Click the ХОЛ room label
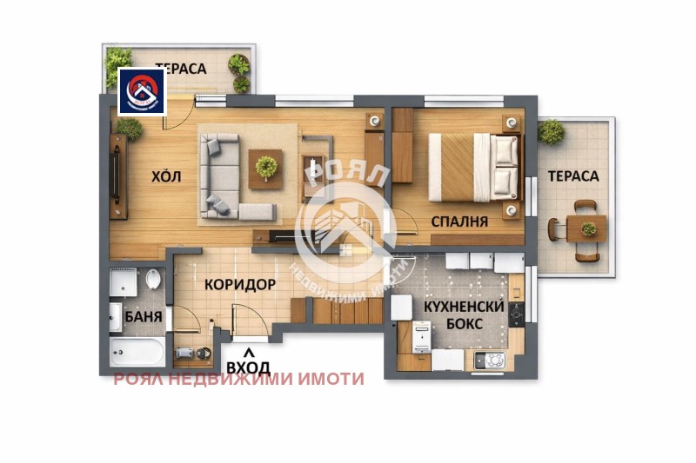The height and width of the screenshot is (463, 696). (166, 176)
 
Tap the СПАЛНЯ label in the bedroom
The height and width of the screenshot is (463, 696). (459, 222)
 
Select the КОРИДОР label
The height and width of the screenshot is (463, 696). (240, 284)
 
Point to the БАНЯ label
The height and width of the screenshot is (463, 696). (144, 316)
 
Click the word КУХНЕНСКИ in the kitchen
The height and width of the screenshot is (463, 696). (464, 306)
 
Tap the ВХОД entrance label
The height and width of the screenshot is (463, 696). (248, 367)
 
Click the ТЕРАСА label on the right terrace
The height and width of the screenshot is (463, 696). (573, 175)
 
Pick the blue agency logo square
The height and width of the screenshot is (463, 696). (142, 92)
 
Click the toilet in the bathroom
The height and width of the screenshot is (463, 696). (153, 279)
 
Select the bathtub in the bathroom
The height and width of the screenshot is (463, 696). (137, 352)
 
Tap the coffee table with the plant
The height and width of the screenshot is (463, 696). (265, 169)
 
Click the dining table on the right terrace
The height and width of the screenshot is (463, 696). (586, 229)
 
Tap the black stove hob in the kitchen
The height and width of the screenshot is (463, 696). (516, 314)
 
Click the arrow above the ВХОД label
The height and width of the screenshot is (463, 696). (249, 353)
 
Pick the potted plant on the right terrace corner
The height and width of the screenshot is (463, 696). (551, 131)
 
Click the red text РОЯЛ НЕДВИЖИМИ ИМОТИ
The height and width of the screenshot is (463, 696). (238, 380)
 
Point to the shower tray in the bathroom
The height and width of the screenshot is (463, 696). (124, 282)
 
